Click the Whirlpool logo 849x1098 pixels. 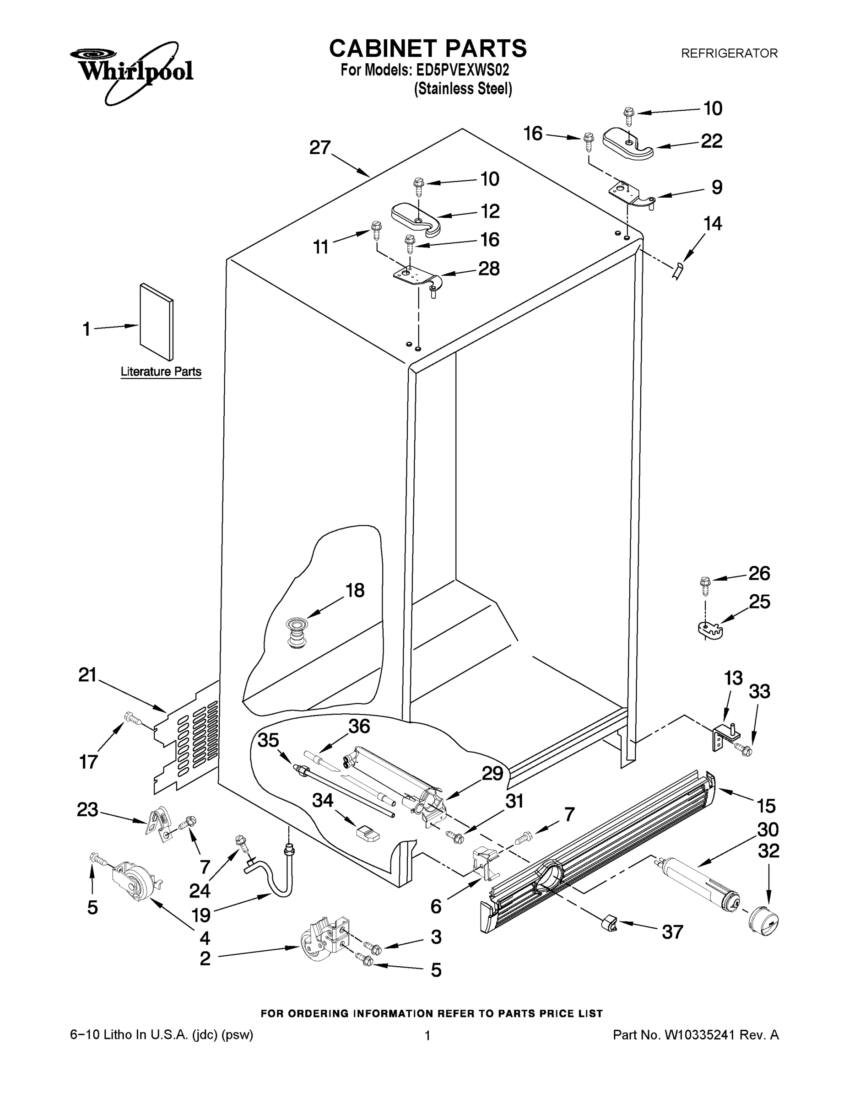pyautogui.click(x=132, y=71)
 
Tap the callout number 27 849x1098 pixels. pyautogui.click(x=320, y=147)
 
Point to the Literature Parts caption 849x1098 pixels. pyautogui.click(x=161, y=371)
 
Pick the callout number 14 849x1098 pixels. pyautogui.click(x=712, y=223)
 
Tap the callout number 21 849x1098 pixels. pyautogui.click(x=87, y=675)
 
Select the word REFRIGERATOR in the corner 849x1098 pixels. pyautogui.click(x=729, y=53)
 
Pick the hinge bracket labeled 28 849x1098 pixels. pyautogui.click(x=418, y=278)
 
